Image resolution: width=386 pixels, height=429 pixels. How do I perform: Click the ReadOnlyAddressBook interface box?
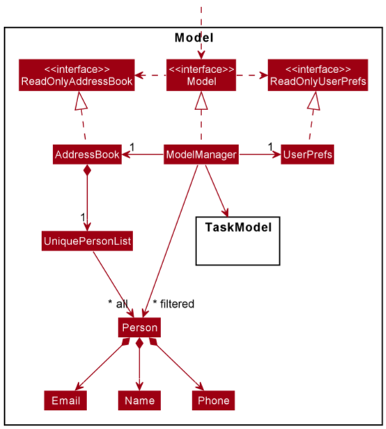pyautogui.click(x=77, y=75)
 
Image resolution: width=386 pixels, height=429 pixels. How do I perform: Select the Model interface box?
pyautogui.click(x=201, y=75)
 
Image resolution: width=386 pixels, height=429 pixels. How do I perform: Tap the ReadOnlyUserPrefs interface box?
pyautogui.click(x=318, y=75)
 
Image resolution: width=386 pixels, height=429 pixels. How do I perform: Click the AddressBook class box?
pyautogui.click(x=87, y=155)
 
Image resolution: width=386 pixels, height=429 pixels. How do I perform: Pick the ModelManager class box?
pyautogui.click(x=201, y=155)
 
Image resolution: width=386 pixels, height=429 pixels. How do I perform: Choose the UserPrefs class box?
pyautogui.click(x=307, y=155)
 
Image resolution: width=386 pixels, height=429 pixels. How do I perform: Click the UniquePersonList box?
pyautogui.click(x=87, y=241)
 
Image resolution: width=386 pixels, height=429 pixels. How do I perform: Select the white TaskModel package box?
pyautogui.click(x=238, y=241)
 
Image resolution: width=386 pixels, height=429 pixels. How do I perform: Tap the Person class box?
pyautogui.click(x=139, y=327)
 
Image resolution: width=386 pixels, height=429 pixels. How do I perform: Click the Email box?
pyautogui.click(x=65, y=400)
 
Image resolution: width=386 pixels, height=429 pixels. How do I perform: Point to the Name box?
pyautogui.click(x=139, y=400)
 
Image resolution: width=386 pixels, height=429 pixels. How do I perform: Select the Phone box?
pyautogui.click(x=213, y=400)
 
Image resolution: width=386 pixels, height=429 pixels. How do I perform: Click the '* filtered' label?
pyautogui.click(x=173, y=304)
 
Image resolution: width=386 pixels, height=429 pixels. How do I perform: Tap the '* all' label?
pyautogui.click(x=118, y=304)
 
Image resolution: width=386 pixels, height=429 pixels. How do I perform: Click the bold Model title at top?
pyautogui.click(x=194, y=38)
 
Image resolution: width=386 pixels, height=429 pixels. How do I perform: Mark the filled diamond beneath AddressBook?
pyautogui.click(x=87, y=170)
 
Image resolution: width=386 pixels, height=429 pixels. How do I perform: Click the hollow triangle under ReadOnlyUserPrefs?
pyautogui.click(x=314, y=101)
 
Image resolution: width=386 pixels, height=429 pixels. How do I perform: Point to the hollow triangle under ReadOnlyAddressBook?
pyautogui.click(x=81, y=101)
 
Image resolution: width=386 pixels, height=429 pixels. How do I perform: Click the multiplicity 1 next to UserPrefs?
pyautogui.click(x=270, y=147)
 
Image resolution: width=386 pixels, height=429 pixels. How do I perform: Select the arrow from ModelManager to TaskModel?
pyautogui.click(x=217, y=190)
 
